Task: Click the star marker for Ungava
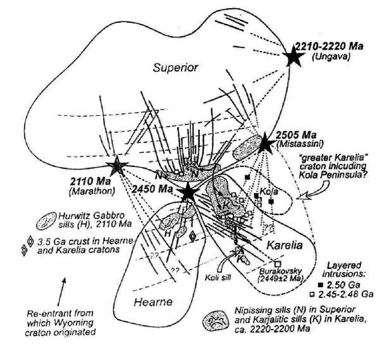pos(293,58)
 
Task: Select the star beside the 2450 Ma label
pos(188,192)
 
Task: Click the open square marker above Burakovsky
pos(277,264)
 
